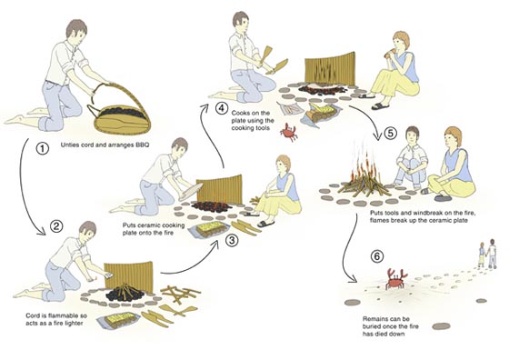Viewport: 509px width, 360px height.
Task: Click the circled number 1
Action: [x=42, y=149]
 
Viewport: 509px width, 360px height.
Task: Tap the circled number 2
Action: [x=56, y=226]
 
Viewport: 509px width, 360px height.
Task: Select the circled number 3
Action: [x=232, y=241]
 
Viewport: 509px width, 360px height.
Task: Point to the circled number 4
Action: [x=222, y=108]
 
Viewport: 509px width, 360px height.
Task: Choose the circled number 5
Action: [x=390, y=133]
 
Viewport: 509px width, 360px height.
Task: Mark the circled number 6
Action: [x=377, y=256]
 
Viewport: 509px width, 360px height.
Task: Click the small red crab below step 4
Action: [x=289, y=132]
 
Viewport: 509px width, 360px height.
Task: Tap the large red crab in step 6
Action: [x=396, y=279]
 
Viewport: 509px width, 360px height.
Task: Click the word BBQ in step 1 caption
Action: [x=142, y=145]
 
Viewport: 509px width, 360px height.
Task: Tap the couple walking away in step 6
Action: [x=488, y=254]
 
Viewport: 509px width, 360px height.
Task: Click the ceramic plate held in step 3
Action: [x=191, y=191]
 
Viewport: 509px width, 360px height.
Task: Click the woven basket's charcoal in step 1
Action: [x=121, y=113]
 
